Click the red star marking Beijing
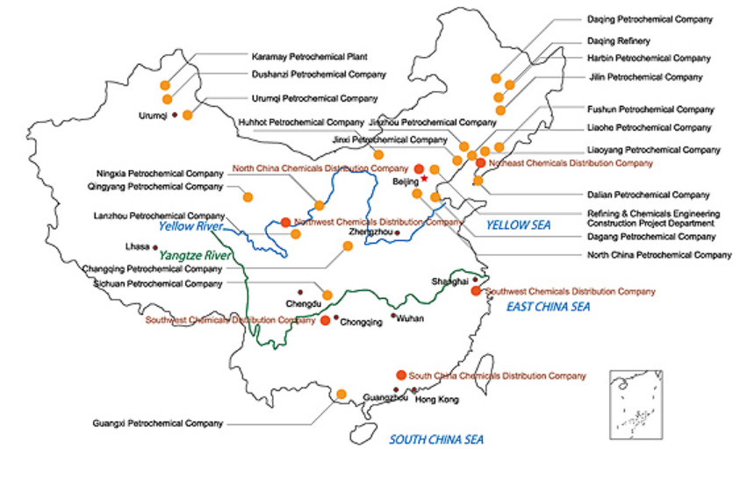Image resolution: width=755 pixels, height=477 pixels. click(x=425, y=178)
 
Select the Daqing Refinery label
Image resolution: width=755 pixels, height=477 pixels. click(x=618, y=41)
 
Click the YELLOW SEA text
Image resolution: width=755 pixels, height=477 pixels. click(x=518, y=225)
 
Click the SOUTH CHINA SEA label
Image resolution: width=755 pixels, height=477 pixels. click(x=436, y=439)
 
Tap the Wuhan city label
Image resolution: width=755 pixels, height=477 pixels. click(x=410, y=318)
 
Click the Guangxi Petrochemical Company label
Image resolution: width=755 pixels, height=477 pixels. click(x=158, y=424)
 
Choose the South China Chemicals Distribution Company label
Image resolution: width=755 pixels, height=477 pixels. click(x=497, y=376)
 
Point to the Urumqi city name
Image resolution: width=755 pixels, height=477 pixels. click(x=153, y=116)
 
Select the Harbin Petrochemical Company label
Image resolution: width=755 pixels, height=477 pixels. click(x=649, y=58)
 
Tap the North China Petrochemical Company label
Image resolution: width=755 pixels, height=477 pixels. click(x=658, y=254)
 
